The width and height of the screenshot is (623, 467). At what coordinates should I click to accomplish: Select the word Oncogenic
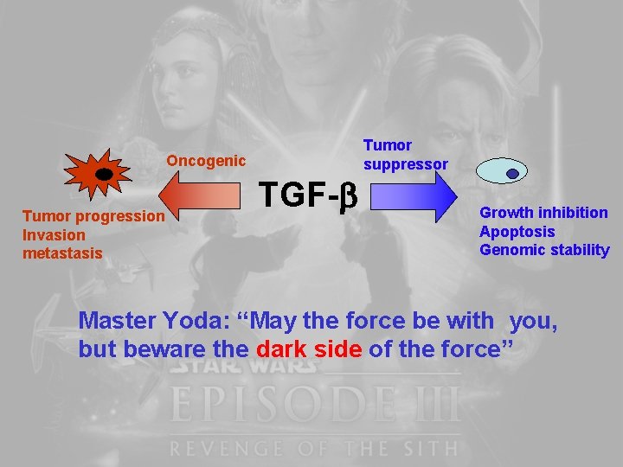(x=206, y=161)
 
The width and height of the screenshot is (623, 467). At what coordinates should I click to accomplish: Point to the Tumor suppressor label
(x=405, y=154)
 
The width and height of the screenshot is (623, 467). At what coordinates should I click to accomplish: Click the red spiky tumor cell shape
(x=98, y=174)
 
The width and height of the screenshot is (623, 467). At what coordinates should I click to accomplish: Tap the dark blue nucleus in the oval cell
(x=512, y=173)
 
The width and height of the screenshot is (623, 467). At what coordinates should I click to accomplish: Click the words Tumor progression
(x=93, y=216)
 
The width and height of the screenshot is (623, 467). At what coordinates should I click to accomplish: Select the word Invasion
(x=54, y=235)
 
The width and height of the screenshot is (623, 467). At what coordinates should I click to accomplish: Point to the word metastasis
(x=62, y=253)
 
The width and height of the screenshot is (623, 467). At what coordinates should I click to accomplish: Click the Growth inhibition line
(x=543, y=213)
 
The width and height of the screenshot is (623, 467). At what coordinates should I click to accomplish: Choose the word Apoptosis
(x=517, y=232)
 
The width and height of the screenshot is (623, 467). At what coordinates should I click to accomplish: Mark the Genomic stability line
(x=543, y=251)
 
